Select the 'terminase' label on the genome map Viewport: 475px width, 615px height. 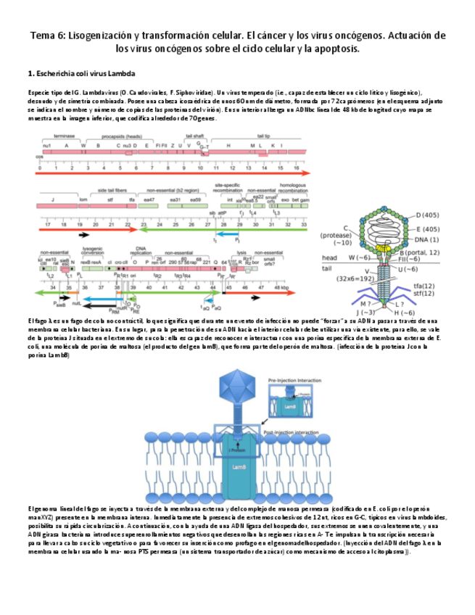[x=65, y=136]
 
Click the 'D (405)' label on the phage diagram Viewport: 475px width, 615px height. [x=428, y=215]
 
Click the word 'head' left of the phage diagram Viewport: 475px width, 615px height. [x=329, y=258]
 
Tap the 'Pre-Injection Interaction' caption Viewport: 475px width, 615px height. [x=292, y=379]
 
